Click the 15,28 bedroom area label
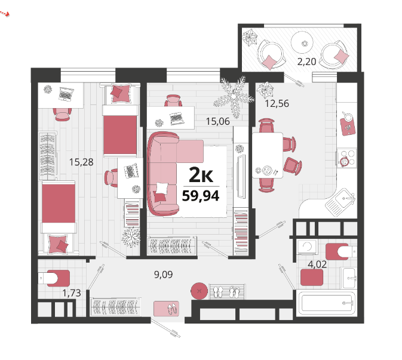coord(81,162)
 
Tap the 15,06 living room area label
coord(218,121)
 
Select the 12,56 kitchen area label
coord(277,103)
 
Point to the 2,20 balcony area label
coord(306,61)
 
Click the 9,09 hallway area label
coord(163,275)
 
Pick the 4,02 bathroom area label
coord(317,264)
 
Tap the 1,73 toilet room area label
coord(72,293)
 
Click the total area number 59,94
coord(201,196)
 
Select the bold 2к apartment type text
coord(201,175)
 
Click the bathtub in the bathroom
coord(326,304)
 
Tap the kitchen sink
coord(340,200)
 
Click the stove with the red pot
coord(346,158)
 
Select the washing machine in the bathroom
coord(307,247)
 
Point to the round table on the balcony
coord(302,42)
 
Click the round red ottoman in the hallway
coord(199,291)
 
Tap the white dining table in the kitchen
coord(268,155)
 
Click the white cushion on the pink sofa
coord(161,188)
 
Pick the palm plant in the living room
coord(234,97)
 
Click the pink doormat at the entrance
coord(166,309)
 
